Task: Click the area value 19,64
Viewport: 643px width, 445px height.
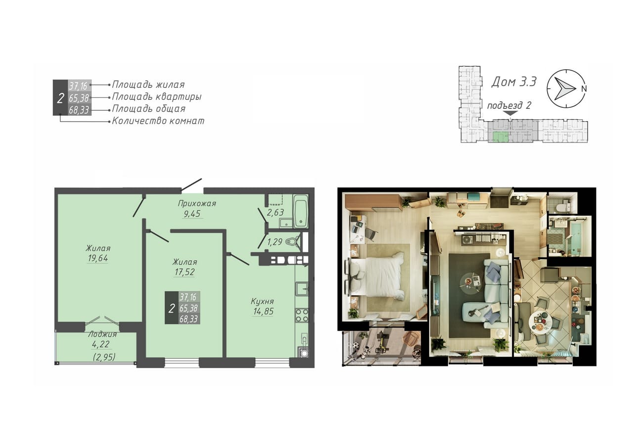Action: (98, 258)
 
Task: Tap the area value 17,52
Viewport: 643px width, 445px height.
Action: (184, 272)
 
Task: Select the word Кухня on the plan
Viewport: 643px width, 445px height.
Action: (262, 301)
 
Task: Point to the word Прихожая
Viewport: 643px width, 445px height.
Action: (197, 203)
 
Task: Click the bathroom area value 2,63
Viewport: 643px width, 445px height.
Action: (276, 212)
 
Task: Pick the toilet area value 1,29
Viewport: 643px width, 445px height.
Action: (275, 242)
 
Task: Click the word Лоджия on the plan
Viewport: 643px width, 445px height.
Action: (102, 334)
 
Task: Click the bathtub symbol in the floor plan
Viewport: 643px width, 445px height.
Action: (300, 211)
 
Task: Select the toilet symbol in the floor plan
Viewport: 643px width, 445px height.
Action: (293, 242)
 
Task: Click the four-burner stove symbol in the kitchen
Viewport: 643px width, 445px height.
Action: (302, 315)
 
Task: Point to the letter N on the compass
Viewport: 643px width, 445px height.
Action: (584, 89)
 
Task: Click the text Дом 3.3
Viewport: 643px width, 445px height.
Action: (514, 82)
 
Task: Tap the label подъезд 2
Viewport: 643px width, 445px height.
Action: (509, 106)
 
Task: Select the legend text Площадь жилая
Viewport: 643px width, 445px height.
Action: (148, 85)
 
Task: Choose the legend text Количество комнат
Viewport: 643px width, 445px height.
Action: (158, 121)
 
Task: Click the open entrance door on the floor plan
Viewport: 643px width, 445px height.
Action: (191, 184)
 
